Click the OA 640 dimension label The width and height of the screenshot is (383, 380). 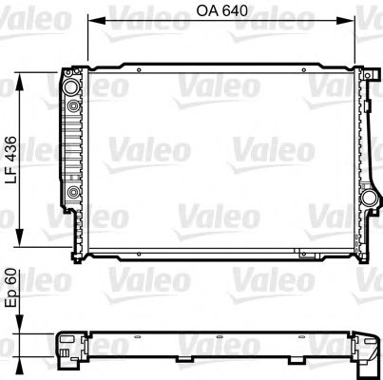[220, 14]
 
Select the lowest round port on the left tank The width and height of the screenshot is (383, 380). [73, 196]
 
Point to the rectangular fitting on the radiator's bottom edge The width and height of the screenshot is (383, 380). [304, 254]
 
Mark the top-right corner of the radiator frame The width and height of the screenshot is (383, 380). [362, 70]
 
